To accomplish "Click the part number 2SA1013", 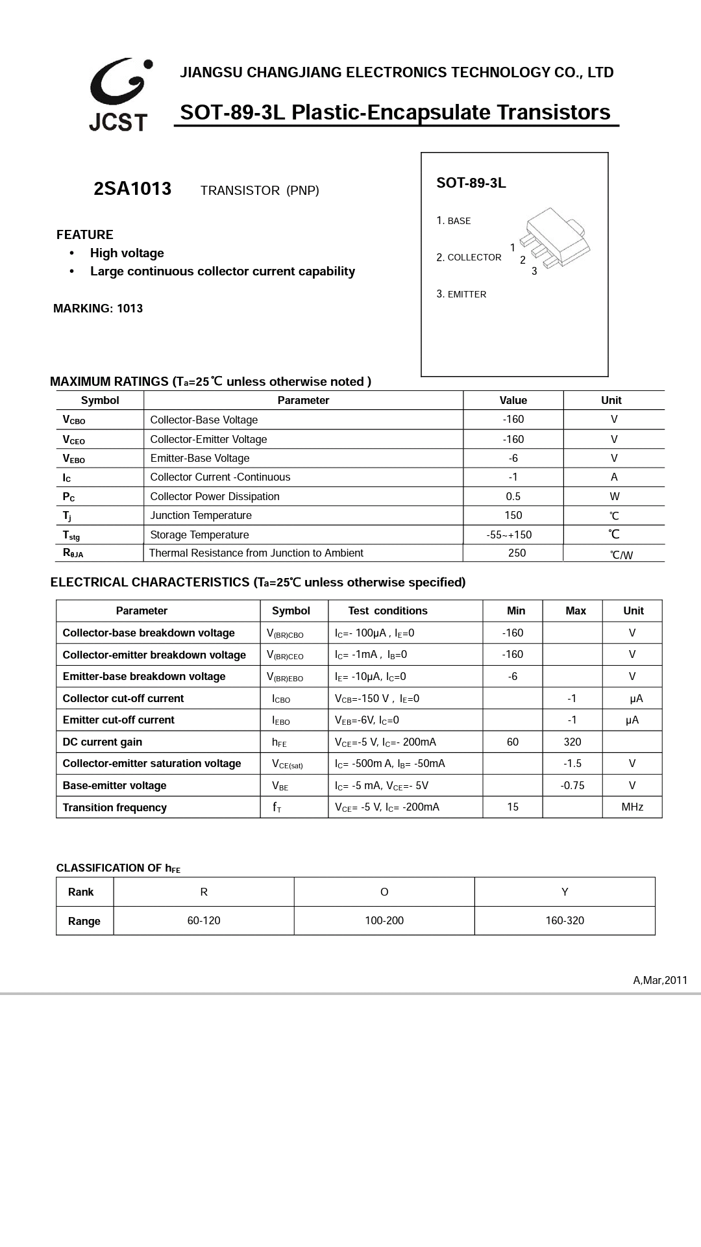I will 132,189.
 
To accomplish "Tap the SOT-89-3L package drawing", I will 553,240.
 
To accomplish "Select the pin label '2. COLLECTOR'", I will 469,257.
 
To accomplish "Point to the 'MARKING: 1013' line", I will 98,309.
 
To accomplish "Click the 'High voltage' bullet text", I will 127,253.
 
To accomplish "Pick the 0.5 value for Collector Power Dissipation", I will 513,496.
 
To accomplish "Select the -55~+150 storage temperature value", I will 509,535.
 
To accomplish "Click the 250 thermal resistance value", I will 517,553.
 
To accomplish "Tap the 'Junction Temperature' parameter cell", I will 201,515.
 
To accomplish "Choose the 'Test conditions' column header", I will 387,611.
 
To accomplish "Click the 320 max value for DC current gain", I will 572,742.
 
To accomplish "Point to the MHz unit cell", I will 632,807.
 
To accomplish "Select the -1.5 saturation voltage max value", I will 572,763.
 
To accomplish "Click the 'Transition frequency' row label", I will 114,807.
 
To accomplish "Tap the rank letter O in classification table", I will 384,892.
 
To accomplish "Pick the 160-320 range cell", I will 565,920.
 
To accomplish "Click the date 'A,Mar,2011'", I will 660,980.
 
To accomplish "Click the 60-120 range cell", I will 204,920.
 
